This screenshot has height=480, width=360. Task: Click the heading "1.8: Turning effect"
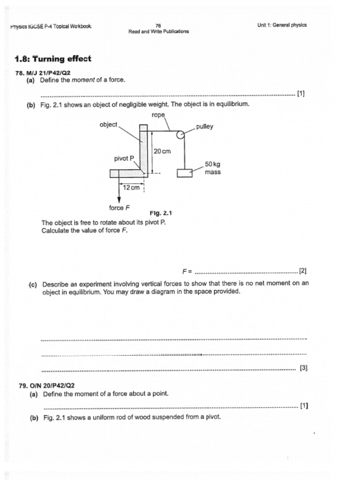click(x=53, y=59)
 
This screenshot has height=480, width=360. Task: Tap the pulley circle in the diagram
click(x=180, y=135)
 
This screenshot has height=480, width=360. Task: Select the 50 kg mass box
click(x=185, y=173)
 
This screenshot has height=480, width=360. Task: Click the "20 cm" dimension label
click(x=162, y=151)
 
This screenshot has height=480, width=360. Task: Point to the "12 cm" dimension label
click(x=131, y=187)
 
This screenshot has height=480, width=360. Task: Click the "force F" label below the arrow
click(x=120, y=208)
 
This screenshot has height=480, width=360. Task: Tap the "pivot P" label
click(x=124, y=158)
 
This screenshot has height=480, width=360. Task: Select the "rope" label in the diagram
click(x=158, y=115)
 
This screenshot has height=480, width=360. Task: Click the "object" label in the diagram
click(x=108, y=124)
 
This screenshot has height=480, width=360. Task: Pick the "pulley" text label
click(x=204, y=127)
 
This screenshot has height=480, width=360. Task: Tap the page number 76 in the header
click(x=158, y=25)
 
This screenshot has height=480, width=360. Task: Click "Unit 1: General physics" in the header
click(x=282, y=25)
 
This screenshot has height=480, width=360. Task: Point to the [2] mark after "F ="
click(x=302, y=271)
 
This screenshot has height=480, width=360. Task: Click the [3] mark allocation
click(x=303, y=368)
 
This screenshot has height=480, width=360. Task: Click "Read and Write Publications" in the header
click(x=158, y=31)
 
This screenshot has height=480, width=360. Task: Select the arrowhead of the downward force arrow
click(x=119, y=200)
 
